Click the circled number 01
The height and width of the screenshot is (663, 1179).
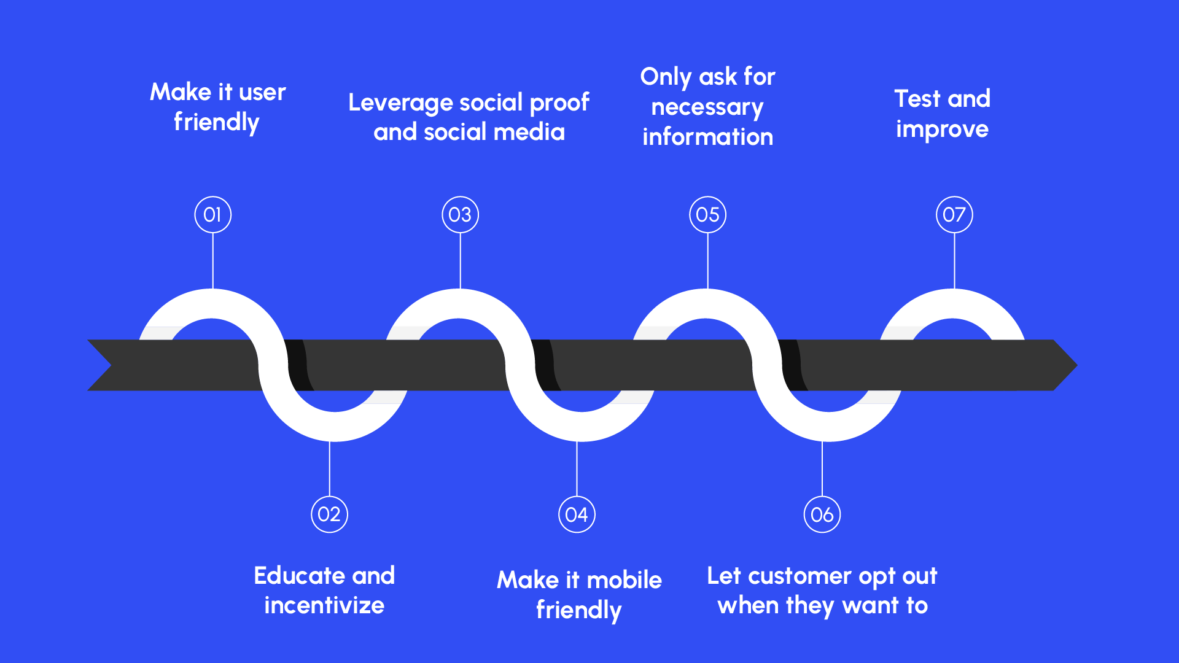[212, 215]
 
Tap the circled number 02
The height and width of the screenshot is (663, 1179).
[329, 514]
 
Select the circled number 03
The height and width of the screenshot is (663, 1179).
[460, 215]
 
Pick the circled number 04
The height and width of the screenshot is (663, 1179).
[577, 514]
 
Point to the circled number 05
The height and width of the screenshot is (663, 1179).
[707, 215]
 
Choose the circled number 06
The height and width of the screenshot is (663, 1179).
[822, 514]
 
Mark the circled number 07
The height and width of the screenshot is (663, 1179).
[954, 215]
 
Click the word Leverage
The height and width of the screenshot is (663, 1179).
[400, 103]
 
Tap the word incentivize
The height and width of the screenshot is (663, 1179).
[324, 605]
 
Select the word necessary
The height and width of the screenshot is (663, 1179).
[707, 107]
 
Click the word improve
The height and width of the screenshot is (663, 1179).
[942, 130]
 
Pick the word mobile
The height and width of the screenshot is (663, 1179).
[624, 580]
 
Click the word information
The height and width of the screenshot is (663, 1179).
[707, 137]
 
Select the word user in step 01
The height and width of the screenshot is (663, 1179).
[262, 93]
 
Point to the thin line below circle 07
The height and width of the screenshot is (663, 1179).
[954, 261]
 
